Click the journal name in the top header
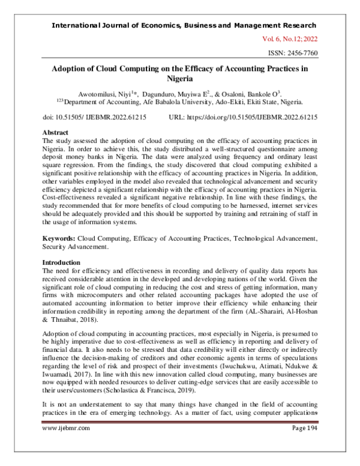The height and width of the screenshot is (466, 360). (184, 25)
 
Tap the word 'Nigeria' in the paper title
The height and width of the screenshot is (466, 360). (180, 78)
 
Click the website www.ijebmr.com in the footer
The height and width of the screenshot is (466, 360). (66, 445)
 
